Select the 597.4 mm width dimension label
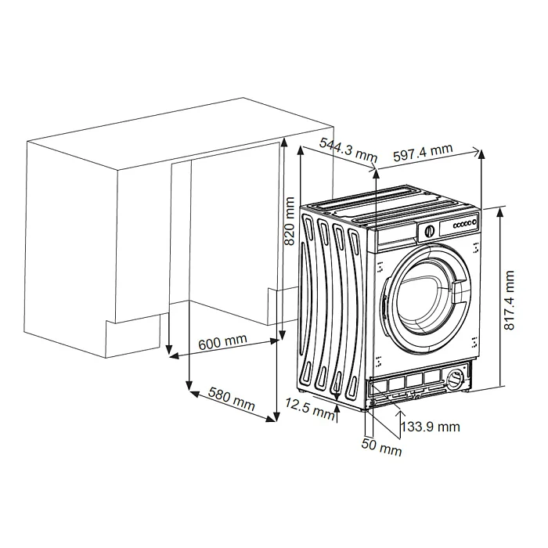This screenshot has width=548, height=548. (x=423, y=152)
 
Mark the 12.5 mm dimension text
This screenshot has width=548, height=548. (x=309, y=406)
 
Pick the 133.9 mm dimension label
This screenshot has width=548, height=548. (x=430, y=427)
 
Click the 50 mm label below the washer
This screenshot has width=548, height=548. (x=381, y=449)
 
